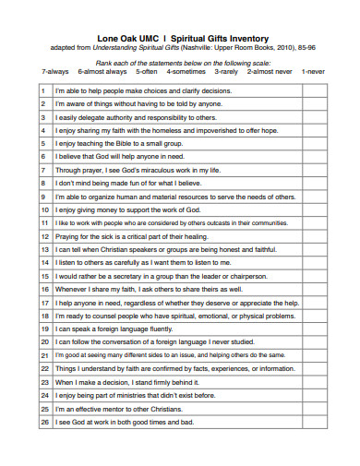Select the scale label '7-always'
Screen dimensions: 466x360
[x=56, y=71]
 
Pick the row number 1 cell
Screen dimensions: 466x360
[x=43, y=92]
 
